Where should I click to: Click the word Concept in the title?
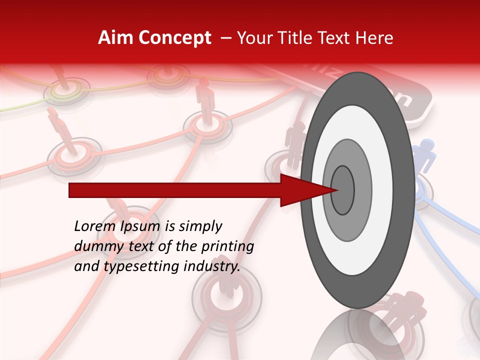(x=175, y=38)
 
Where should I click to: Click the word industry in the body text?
(x=212, y=266)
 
